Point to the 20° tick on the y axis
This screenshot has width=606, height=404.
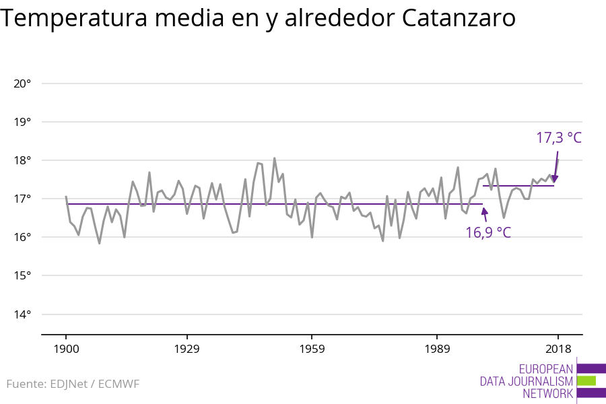[22, 83]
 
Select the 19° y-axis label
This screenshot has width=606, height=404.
[22, 122]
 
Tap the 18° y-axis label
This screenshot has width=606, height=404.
[22, 160]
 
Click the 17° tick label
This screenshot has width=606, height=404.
[22, 199]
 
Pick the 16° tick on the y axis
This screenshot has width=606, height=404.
[22, 237]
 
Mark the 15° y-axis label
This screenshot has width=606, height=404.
[22, 275]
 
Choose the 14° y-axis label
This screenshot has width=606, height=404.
[22, 314]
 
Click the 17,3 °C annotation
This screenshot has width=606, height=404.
[558, 138]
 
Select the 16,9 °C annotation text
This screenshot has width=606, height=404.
[487, 233]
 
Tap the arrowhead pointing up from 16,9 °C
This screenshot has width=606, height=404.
[483, 210]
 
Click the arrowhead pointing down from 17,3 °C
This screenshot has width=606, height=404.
[555, 178]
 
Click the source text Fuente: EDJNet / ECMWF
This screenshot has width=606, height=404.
[73, 384]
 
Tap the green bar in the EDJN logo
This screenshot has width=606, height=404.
[586, 380]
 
